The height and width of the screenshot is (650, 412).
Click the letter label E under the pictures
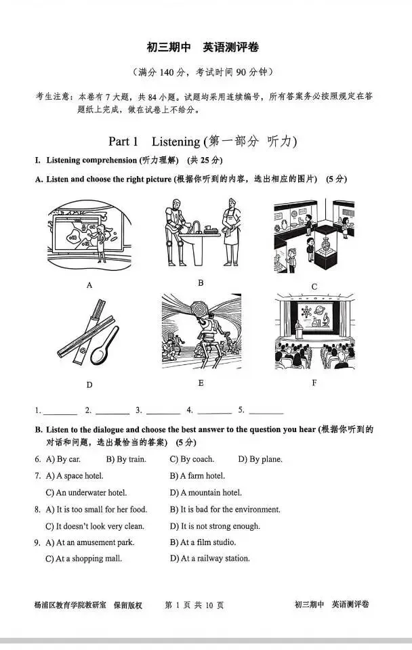coord(201,383)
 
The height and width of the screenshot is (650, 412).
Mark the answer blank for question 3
coord(163,411)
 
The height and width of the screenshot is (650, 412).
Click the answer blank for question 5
coord(266,411)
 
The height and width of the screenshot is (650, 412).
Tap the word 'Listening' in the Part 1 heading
coord(175,142)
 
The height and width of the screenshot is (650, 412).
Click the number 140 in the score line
coord(168,72)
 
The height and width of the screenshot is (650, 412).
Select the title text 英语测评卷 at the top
coord(230,47)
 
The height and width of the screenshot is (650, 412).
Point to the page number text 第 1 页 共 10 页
coord(194,605)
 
